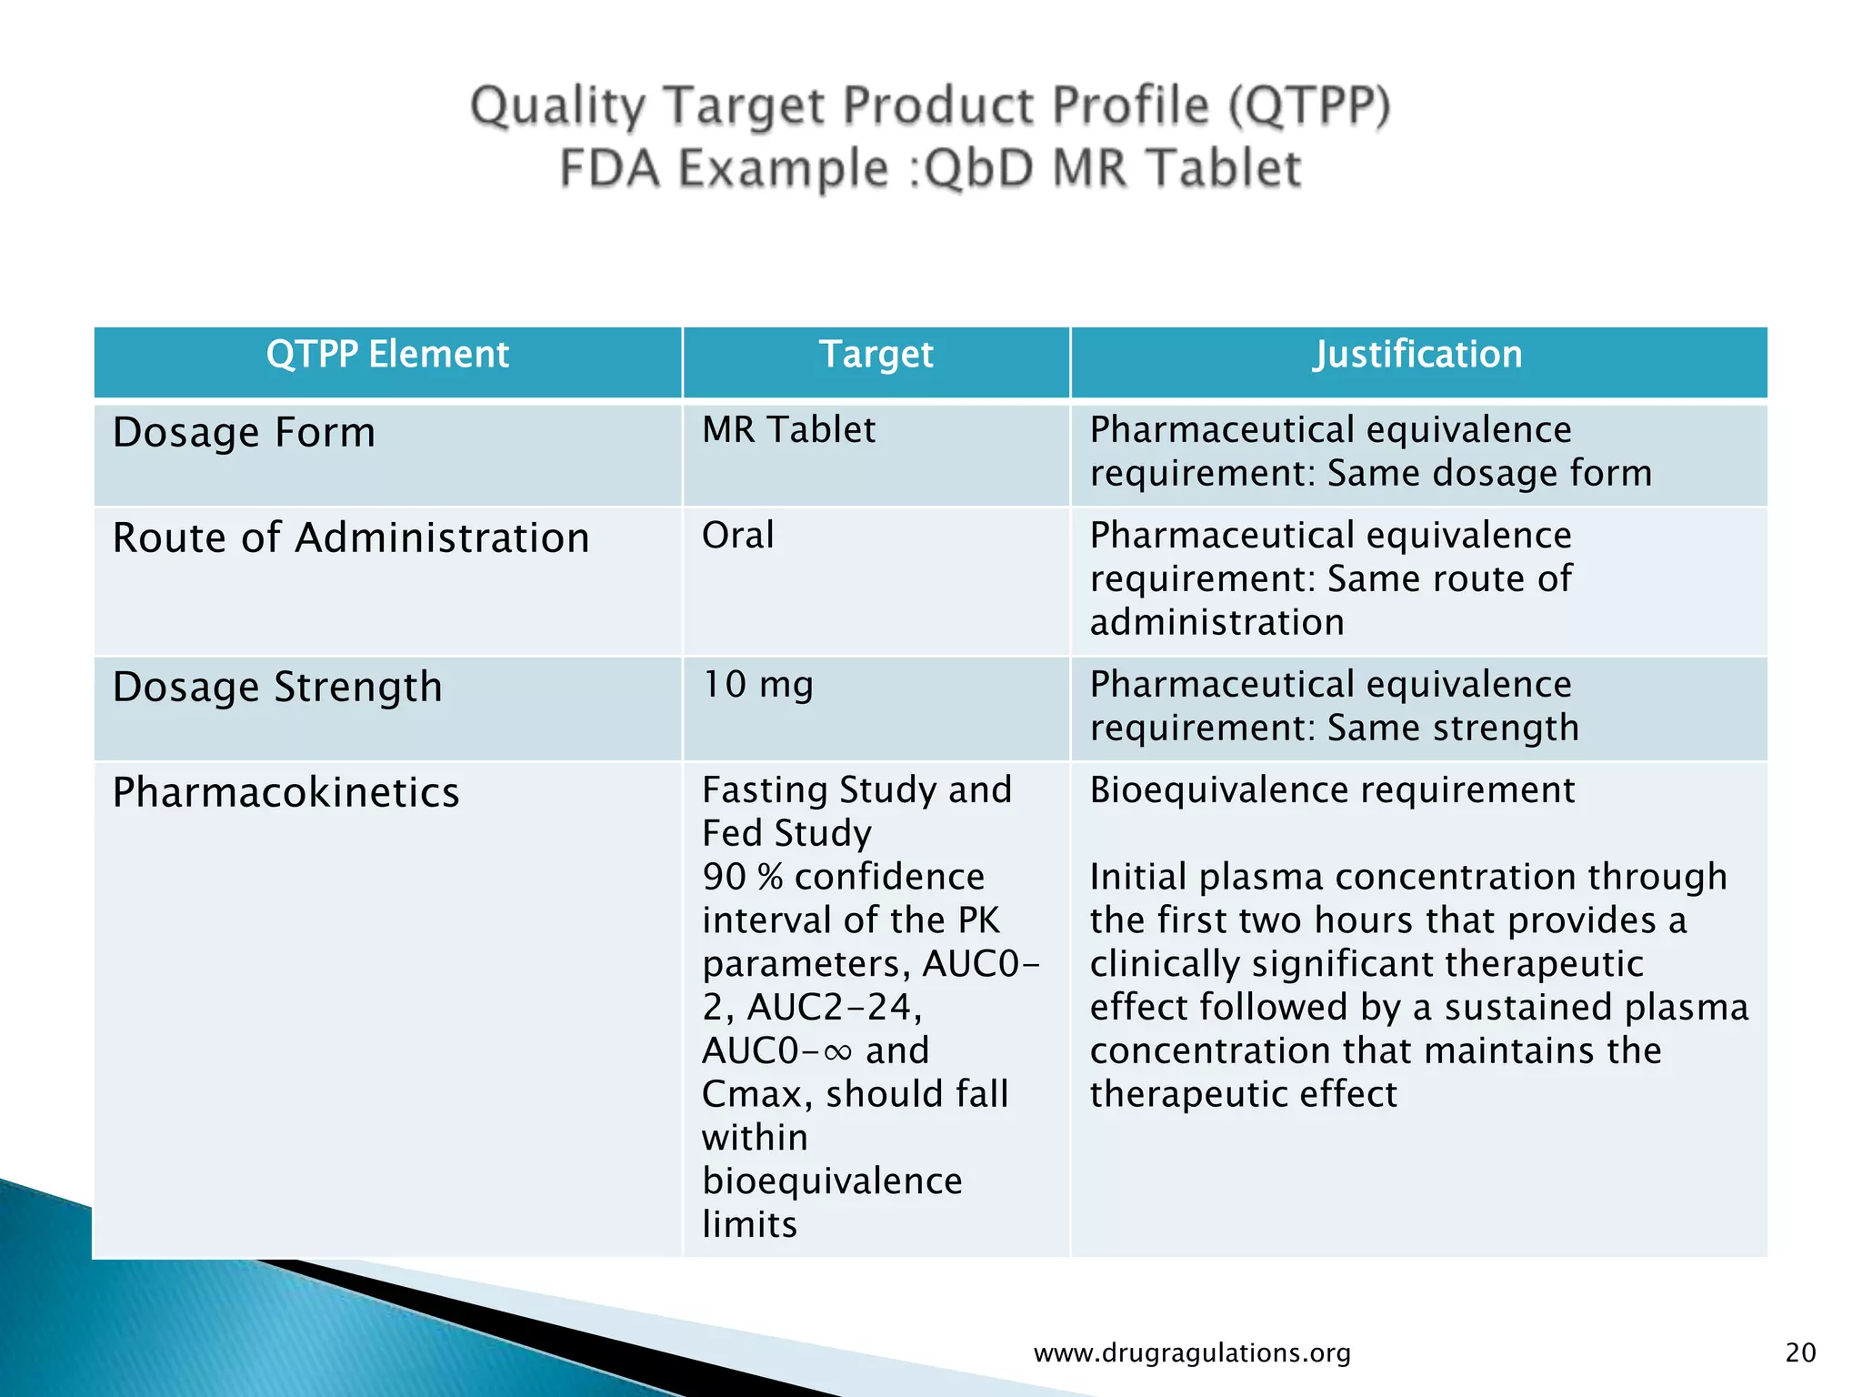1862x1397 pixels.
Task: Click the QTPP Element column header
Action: click(x=387, y=355)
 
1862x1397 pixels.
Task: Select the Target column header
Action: click(x=876, y=355)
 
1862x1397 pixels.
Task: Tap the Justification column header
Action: click(x=1417, y=355)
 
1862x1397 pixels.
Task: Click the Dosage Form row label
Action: click(x=244, y=432)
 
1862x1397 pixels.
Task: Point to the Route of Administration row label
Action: click(x=351, y=538)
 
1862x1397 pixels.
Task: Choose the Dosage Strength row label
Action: click(x=277, y=687)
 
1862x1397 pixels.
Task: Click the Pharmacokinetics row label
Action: click(x=285, y=792)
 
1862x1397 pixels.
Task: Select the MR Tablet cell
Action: click(x=788, y=430)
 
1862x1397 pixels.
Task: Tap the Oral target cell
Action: click(x=737, y=535)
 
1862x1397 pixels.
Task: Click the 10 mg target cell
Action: click(x=757, y=685)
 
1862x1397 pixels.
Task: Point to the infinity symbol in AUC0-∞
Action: click(x=838, y=1052)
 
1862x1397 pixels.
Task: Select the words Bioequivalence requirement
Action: click(x=1332, y=789)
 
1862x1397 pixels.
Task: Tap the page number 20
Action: click(x=1800, y=1352)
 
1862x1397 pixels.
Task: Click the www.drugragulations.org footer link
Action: click(x=1192, y=1353)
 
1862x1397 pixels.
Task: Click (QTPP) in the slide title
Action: click(x=1309, y=106)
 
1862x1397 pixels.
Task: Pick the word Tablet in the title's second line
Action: click(x=1223, y=169)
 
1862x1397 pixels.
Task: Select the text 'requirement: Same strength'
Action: click(x=1334, y=729)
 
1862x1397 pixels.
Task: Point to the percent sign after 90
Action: click(x=769, y=878)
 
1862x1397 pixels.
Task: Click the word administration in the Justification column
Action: click(x=1216, y=623)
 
